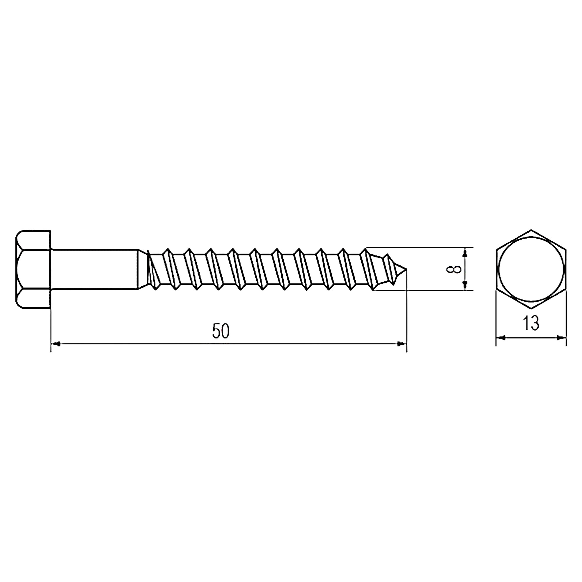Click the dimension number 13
pos(531,323)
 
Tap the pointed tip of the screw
pos(407,269)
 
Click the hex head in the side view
pos(33,269)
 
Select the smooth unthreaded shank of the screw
pos(95,269)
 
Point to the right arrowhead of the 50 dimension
pos(402,344)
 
